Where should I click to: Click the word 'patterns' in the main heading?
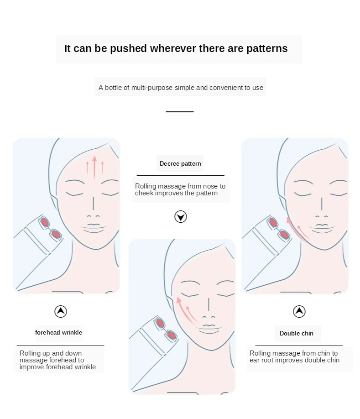pos(267,49)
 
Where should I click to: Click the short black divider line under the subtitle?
pos(179,112)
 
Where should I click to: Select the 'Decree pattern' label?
pos(180,163)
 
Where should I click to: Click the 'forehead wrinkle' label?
pos(58,332)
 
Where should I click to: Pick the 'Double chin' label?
pos(297,333)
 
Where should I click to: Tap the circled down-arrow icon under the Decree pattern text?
pos(181,217)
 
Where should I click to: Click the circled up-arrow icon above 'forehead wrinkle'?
pos(61,312)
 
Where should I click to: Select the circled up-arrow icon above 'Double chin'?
pos(299,312)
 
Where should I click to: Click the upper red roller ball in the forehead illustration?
pos(45,222)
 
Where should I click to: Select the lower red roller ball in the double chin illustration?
pos(284,235)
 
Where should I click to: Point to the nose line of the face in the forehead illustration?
pos(93,204)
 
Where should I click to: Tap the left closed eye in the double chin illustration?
pos(303,194)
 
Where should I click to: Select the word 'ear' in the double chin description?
pos(254,360)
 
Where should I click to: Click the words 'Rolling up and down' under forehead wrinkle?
pos(51,353)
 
